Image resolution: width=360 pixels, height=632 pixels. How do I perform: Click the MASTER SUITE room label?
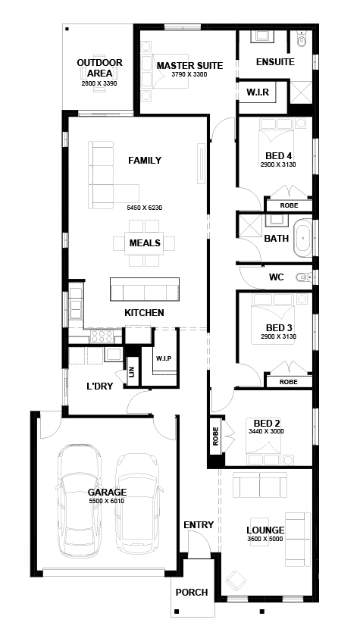pos(189,66)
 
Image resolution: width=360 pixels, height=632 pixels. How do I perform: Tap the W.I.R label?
pos(258,92)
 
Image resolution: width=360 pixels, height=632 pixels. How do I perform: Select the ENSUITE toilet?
pos(302,39)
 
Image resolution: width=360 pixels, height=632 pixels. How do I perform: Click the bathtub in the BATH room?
pos(302,238)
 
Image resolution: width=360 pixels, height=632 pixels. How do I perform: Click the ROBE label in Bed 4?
pos(289,205)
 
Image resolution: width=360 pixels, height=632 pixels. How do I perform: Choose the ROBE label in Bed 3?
pos(289,382)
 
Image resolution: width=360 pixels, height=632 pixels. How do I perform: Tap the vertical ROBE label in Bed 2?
pos(215,436)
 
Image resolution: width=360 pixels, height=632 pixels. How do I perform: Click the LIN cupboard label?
pos(131,372)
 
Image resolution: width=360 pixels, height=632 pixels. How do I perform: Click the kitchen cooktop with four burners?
pos(102,336)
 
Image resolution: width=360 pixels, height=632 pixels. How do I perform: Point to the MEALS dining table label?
pos(145,243)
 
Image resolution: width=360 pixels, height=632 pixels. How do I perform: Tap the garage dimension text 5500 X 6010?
pos(106,502)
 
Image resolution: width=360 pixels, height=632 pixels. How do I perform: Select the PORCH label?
pos(192,593)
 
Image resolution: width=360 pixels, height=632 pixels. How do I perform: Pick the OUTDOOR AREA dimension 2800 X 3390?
pos(99,84)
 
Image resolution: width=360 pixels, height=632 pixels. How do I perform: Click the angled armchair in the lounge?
pos(236,580)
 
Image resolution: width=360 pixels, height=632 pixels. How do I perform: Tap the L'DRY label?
pos(99,386)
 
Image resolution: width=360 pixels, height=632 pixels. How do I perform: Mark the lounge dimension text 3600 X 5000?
pos(265,539)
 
